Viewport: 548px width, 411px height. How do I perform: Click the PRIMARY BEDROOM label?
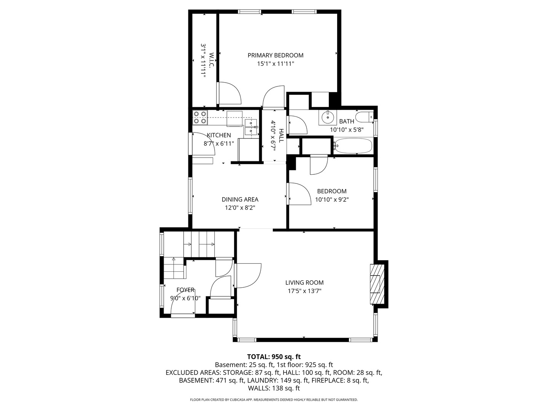pos(276,56)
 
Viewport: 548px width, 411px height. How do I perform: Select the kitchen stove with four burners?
pos(200,117)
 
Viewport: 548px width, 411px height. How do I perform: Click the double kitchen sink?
pos(251,127)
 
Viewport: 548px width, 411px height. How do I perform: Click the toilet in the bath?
pos(365,116)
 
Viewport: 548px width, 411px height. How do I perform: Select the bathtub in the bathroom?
pos(353,145)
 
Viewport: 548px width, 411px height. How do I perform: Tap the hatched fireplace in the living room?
pos(376,284)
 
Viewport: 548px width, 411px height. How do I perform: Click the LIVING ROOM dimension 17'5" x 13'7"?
pos(304,291)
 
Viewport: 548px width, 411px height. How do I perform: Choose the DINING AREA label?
pos(240,199)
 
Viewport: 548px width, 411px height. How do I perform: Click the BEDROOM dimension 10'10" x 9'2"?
pos(332,199)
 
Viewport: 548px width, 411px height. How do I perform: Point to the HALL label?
pos(281,135)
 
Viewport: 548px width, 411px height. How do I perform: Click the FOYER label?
pos(185,290)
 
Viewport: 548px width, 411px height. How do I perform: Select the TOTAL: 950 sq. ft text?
pos(274,357)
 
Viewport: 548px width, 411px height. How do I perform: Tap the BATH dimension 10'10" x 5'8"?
pos(346,130)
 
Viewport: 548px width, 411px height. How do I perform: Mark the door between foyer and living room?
pos(247,275)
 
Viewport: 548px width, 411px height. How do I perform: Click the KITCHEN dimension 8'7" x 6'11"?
pos(218,143)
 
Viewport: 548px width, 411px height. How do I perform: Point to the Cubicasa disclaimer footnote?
pos(274,400)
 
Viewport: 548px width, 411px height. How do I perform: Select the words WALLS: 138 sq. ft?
pos(274,388)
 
